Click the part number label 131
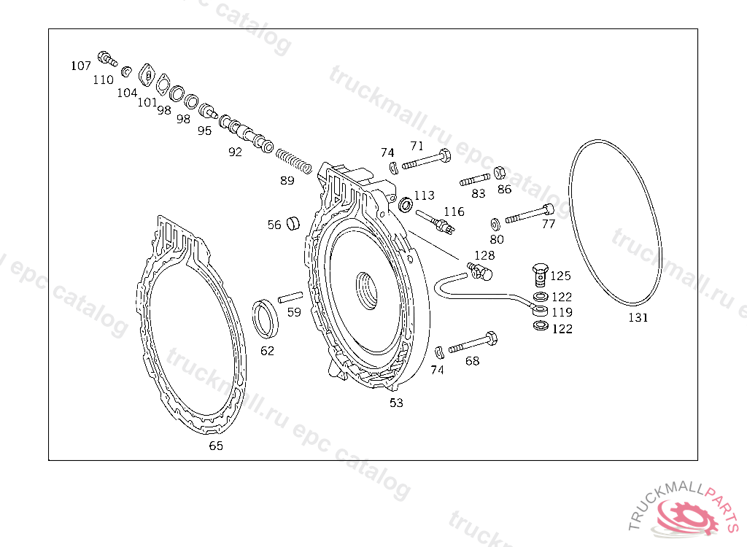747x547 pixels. (x=638, y=317)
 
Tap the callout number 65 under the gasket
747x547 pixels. (x=216, y=446)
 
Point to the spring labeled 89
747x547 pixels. (x=294, y=160)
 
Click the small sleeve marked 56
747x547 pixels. (x=293, y=223)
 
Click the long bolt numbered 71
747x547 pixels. (x=427, y=160)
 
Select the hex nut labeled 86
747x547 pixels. (x=499, y=173)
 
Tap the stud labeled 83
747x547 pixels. (x=475, y=179)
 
